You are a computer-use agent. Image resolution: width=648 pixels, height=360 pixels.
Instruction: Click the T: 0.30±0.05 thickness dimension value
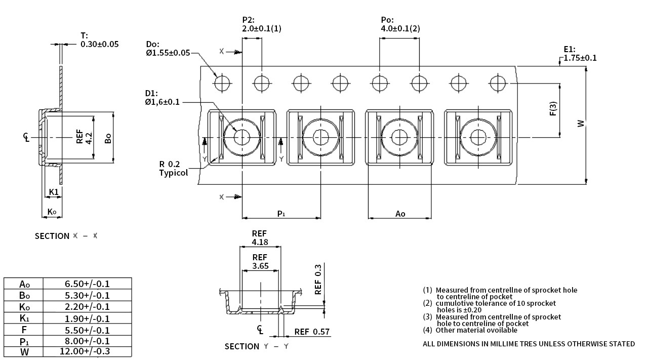point(100,40)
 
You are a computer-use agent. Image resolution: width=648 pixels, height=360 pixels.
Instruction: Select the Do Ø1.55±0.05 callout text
point(168,49)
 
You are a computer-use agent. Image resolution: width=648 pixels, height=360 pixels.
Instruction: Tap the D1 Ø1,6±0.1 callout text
point(163,98)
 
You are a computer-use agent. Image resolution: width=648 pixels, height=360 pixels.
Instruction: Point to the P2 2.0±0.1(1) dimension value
point(262,24)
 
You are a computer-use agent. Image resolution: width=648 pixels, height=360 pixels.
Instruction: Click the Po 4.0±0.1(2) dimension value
point(400,24)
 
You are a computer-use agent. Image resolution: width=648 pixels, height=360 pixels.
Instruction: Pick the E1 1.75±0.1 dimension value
point(580,54)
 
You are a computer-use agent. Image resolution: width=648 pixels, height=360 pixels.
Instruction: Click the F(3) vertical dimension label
point(553,108)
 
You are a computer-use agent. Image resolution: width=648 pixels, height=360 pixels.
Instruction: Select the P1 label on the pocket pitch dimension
point(281,214)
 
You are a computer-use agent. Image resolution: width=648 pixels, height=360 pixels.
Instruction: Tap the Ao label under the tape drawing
point(400,214)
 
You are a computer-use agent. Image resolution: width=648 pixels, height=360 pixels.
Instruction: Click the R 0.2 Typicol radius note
point(173,169)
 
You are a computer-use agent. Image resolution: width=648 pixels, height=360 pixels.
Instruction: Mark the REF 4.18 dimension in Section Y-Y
point(260,238)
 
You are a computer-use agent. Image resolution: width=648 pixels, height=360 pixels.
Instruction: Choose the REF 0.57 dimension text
point(312,332)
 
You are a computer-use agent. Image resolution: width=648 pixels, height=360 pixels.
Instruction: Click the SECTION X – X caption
point(66,236)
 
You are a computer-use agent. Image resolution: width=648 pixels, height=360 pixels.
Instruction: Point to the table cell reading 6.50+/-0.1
point(87,284)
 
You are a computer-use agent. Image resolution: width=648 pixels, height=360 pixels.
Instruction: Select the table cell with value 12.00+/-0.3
point(87,351)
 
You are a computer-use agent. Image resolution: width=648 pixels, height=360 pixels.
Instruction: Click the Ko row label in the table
point(24,307)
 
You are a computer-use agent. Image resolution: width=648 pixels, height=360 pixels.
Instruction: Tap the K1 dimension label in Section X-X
point(54,192)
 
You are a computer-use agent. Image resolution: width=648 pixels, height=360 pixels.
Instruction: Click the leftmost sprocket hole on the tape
point(222,84)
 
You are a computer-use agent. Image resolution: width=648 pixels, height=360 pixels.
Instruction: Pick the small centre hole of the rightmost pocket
point(478,137)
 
